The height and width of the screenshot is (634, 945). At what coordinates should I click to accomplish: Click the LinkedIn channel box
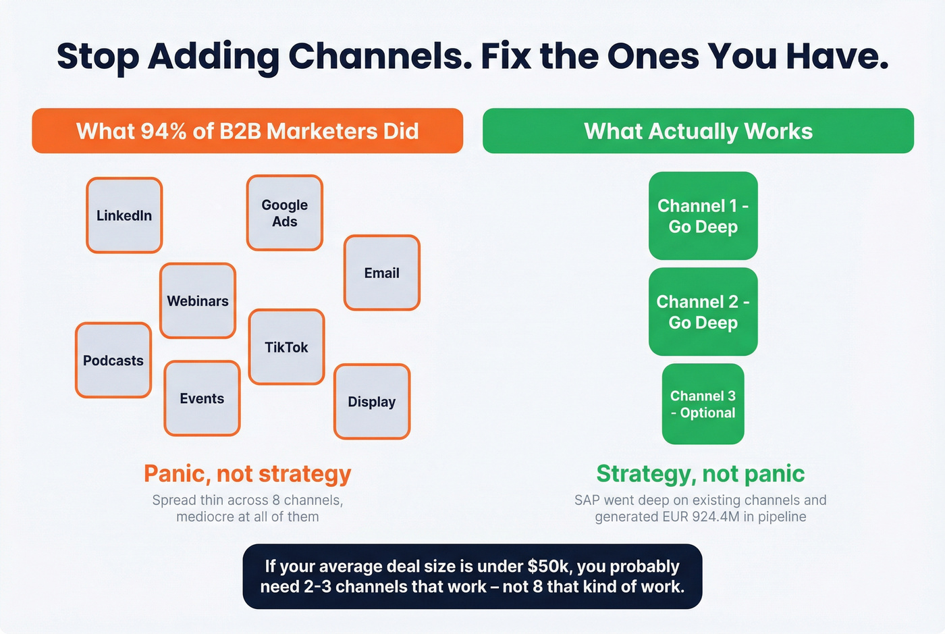click(x=124, y=215)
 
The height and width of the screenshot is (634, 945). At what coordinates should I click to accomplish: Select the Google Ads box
click(x=284, y=213)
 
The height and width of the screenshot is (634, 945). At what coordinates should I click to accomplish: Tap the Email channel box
click(x=381, y=273)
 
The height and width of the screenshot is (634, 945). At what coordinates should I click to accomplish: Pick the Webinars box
click(x=198, y=300)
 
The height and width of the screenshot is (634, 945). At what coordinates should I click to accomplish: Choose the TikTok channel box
click(x=286, y=347)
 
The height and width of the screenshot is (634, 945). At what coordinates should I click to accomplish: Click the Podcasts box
click(x=113, y=361)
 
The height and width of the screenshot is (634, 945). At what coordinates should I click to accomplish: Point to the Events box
click(x=202, y=398)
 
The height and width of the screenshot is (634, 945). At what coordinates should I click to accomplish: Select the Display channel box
click(x=372, y=402)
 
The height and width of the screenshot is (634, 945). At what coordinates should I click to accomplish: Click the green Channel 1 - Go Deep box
click(x=703, y=216)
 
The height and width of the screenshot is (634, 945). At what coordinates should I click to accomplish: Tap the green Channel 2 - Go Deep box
click(x=703, y=312)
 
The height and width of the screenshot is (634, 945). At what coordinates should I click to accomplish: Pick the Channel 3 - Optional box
click(x=703, y=404)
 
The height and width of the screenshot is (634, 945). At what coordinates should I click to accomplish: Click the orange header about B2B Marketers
click(x=248, y=131)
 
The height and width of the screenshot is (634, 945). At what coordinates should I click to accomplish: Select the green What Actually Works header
click(x=698, y=131)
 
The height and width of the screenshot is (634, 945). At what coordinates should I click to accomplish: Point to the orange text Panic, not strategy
click(x=248, y=473)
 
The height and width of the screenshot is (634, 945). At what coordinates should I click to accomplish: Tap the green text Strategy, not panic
click(x=700, y=473)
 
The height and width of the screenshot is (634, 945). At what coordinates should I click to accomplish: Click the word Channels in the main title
click(x=381, y=57)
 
